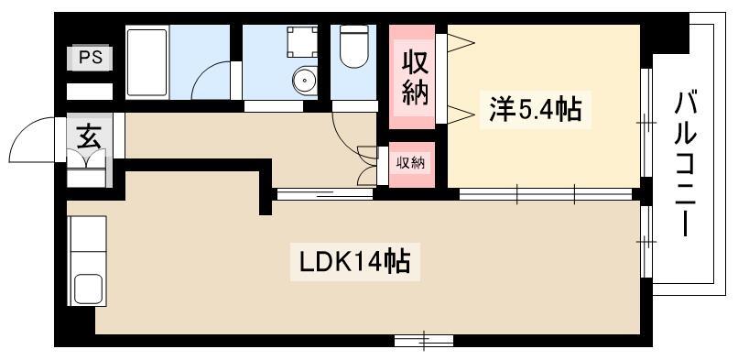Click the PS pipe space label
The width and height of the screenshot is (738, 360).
90,58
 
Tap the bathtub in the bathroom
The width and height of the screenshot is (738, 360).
147,62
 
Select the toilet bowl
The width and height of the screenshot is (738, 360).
354,46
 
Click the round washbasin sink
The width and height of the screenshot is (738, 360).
305,81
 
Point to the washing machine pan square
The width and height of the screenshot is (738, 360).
303,42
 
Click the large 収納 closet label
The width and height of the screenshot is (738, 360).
415,78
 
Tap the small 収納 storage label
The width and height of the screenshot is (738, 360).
410,163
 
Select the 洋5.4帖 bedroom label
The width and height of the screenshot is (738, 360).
536,110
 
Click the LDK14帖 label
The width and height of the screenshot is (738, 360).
355,262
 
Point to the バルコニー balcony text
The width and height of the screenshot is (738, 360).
686,165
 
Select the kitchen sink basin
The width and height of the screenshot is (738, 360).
88,289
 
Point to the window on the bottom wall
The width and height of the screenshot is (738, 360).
424,340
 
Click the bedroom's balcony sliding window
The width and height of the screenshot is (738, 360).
646,123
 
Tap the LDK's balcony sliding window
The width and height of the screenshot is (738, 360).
646,242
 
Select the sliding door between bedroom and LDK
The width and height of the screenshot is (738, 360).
546,194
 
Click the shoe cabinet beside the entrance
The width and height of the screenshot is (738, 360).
87,169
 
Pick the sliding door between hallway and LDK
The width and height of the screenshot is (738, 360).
325,194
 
